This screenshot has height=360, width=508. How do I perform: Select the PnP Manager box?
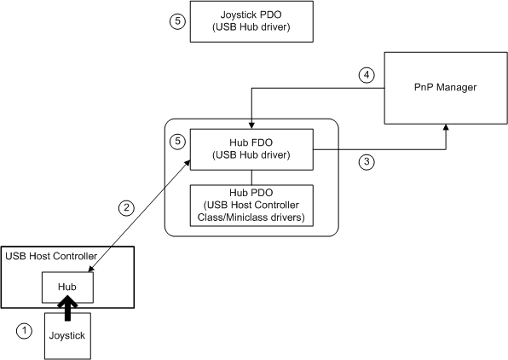(443, 87)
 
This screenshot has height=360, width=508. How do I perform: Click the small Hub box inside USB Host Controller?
(67, 287)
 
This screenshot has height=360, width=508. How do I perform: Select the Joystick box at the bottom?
(67, 336)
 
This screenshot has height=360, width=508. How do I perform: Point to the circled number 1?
(26, 330)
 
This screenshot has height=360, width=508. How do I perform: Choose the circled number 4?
(366, 75)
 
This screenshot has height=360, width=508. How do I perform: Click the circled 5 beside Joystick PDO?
(176, 22)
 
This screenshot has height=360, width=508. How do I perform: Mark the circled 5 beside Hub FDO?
(176, 141)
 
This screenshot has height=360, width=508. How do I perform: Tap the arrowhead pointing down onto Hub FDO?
(251, 125)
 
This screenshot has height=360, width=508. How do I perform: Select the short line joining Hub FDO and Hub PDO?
(251, 175)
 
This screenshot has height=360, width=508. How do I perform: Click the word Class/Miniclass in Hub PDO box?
(251, 218)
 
